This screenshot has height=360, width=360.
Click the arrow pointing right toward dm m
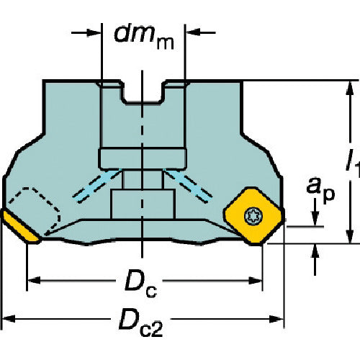pos(91,32)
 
